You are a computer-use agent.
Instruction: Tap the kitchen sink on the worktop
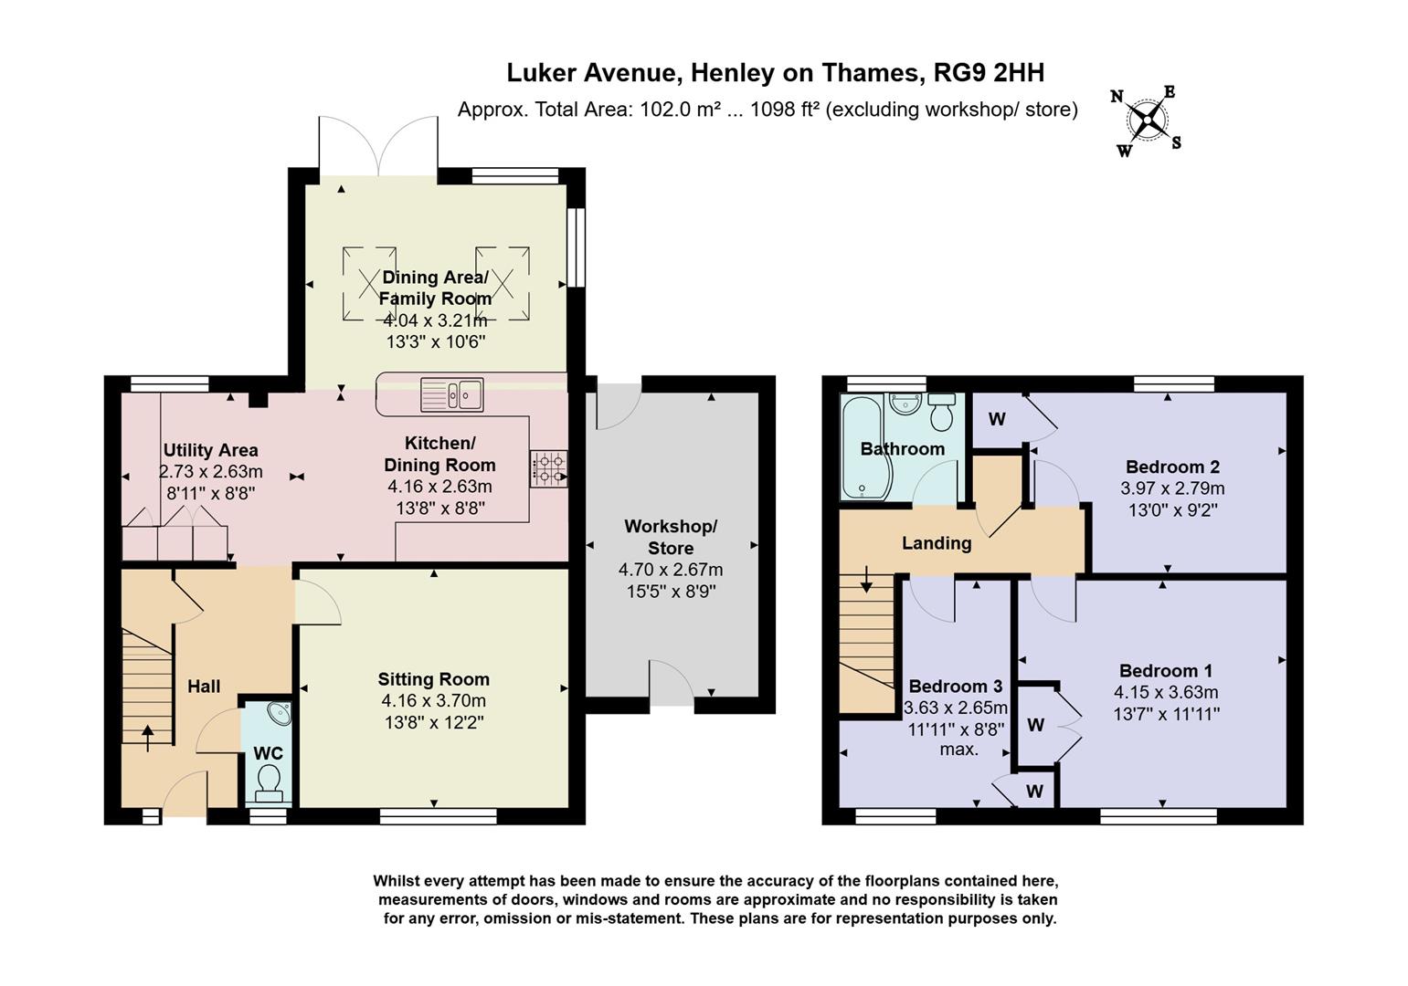(x=451, y=395)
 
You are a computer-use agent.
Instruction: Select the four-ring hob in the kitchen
(x=548, y=468)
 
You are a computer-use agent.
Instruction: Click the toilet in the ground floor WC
(x=269, y=781)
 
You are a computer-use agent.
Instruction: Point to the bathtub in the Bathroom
(x=863, y=447)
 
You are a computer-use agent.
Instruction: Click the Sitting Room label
(x=433, y=679)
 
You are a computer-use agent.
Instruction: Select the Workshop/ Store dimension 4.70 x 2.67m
(x=671, y=569)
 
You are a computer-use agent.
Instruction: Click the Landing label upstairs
(x=936, y=543)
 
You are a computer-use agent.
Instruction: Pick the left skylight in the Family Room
(x=369, y=283)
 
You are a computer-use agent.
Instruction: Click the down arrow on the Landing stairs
(x=865, y=581)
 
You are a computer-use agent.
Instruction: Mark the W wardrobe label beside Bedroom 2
(x=997, y=419)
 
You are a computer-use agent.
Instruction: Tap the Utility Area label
(x=210, y=450)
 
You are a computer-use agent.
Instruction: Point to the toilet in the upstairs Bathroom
(x=941, y=414)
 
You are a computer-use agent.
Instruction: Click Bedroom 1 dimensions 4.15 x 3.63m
(x=1165, y=692)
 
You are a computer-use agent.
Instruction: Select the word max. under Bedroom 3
(x=958, y=749)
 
